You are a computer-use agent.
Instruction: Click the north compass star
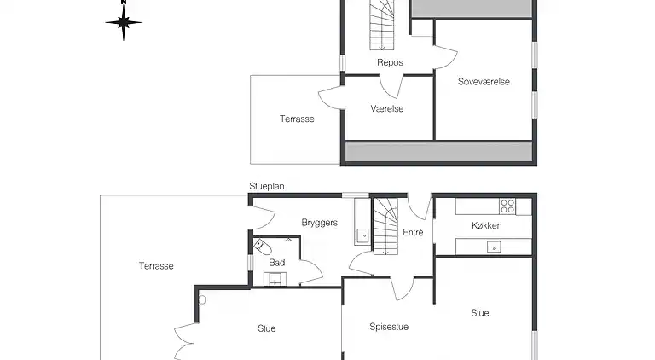click(x=123, y=22)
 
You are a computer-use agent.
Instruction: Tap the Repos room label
click(x=390, y=62)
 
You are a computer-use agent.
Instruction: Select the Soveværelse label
click(x=484, y=82)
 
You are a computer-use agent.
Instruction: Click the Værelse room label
click(x=387, y=109)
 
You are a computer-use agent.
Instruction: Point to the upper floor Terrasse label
click(x=297, y=119)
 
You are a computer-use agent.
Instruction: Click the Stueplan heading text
click(x=267, y=186)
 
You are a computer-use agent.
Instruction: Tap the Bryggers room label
click(x=320, y=223)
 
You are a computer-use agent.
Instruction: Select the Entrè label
click(x=413, y=233)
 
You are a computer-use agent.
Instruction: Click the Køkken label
click(x=487, y=226)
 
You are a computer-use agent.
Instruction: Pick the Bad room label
click(x=277, y=263)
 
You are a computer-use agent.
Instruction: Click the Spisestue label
click(x=389, y=327)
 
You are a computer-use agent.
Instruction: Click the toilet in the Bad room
click(x=263, y=247)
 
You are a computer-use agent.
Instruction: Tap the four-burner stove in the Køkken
click(x=507, y=206)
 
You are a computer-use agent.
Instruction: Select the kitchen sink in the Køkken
click(x=494, y=247)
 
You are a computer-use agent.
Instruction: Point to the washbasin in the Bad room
click(x=275, y=279)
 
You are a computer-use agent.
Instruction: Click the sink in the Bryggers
click(x=362, y=235)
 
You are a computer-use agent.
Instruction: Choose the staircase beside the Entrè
click(x=385, y=226)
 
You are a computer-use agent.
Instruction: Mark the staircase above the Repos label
click(x=382, y=25)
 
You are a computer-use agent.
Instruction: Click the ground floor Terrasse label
click(x=156, y=266)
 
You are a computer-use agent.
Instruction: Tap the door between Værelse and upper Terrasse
click(x=331, y=97)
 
